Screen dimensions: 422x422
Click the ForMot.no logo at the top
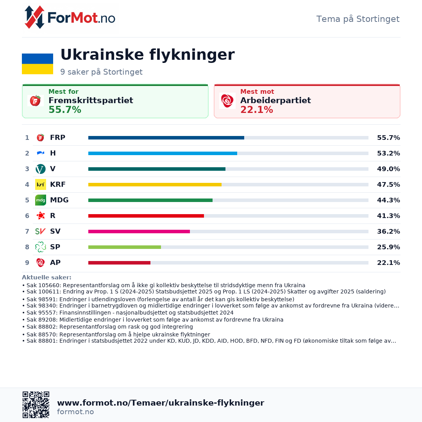70,17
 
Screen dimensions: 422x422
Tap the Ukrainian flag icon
38,64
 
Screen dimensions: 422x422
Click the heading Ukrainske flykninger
147,55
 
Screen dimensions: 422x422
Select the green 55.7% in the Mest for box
65,110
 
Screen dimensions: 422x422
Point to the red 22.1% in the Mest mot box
256,110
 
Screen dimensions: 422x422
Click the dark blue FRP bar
166,138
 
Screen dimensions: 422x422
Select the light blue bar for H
163,154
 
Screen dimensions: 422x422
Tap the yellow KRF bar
155,184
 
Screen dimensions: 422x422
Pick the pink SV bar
139,231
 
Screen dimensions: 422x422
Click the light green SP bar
125,247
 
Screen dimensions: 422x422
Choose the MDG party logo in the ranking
41,200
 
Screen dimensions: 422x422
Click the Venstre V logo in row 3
41,169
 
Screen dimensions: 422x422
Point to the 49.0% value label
388,169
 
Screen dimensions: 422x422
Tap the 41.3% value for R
388,216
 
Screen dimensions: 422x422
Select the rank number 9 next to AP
27,263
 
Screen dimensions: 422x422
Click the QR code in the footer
36,405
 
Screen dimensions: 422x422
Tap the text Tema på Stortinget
358,19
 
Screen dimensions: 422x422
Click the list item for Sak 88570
116,334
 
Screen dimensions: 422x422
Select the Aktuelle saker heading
46,277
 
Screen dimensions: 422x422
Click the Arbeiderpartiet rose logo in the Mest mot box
227,101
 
